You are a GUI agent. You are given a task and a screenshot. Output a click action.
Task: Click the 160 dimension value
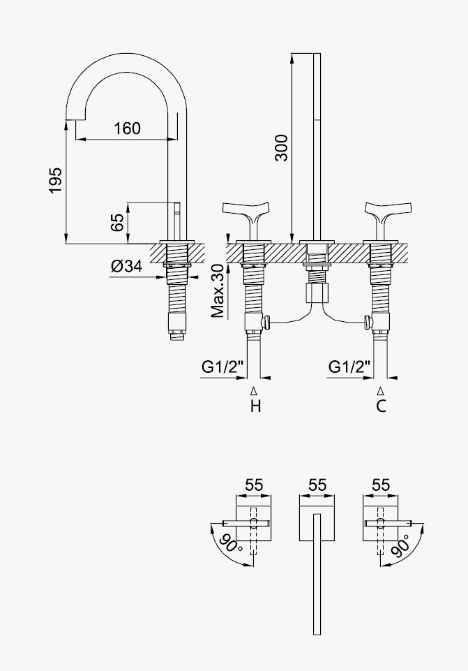[127, 128]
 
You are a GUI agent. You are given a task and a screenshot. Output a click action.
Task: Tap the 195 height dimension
[56, 180]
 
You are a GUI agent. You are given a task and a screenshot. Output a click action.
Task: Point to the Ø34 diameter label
[126, 266]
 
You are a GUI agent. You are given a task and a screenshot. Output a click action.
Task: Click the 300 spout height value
[281, 148]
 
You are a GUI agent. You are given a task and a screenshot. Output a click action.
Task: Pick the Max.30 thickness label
[218, 291]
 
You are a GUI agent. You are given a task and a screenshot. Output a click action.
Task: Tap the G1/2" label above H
[222, 367]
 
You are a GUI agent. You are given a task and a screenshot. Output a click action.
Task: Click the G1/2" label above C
[349, 367]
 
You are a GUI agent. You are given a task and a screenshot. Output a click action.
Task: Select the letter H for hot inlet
[255, 406]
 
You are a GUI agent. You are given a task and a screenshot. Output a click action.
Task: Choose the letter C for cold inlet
[381, 406]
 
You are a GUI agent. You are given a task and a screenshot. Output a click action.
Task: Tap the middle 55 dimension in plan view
[317, 485]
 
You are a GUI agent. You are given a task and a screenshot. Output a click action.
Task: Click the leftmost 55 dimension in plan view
[254, 485]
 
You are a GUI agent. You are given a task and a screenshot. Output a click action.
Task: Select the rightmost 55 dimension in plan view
[381, 485]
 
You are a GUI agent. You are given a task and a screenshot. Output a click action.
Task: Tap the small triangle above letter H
[254, 391]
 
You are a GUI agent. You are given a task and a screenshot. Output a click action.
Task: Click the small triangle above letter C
[380, 391]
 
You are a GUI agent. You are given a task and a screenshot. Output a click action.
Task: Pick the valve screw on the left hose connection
[266, 322]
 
